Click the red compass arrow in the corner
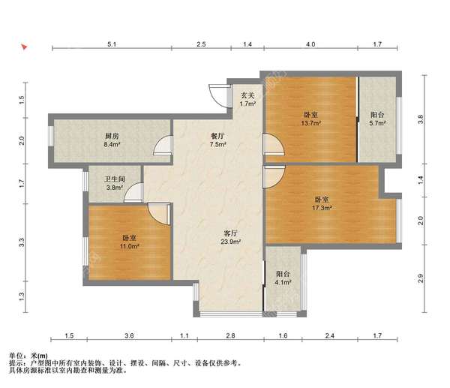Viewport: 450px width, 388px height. (24, 47)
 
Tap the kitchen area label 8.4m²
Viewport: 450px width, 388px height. (112, 144)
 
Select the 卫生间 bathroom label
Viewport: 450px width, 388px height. (115, 179)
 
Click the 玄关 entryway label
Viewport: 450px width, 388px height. (247, 95)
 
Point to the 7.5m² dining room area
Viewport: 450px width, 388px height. (217, 144)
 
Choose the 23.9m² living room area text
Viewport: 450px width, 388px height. (230, 242)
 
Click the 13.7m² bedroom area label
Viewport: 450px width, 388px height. (310, 123)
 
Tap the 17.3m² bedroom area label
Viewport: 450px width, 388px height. (322, 208)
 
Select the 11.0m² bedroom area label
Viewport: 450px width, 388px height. (130, 246)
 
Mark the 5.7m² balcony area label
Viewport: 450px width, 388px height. (377, 123)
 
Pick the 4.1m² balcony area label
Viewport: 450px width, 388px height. (283, 282)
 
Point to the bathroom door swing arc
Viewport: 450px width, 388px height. (133, 192)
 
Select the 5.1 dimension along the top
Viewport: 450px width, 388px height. (112, 44)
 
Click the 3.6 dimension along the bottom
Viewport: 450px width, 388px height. (130, 335)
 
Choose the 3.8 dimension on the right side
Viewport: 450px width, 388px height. (421, 119)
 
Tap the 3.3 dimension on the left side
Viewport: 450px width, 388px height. (22, 243)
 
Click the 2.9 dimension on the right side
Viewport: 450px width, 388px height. (421, 278)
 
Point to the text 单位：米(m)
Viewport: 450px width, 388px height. (28, 356)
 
